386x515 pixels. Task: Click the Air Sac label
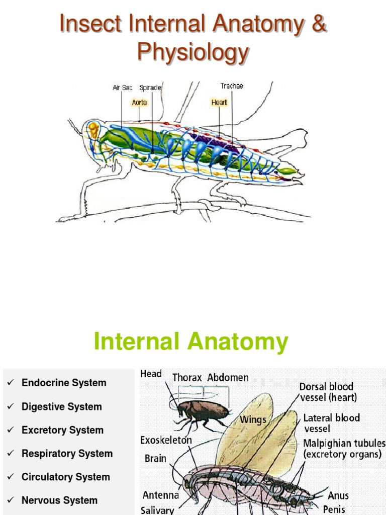pos(123,88)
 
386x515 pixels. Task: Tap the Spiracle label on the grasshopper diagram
pos(150,88)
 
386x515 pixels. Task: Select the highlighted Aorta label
pos(139,102)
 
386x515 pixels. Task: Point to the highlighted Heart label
pos(219,102)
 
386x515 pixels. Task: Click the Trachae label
pos(232,86)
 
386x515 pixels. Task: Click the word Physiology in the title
pos(193,52)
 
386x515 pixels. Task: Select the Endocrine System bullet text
pos(64,383)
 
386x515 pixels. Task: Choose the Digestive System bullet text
pos(61,406)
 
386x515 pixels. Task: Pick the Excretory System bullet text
pos(62,430)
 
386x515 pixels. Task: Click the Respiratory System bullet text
pos(67,453)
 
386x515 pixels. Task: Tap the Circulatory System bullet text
pos(65,477)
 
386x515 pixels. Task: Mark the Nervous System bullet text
pos(59,500)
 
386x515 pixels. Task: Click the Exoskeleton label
pos(166,441)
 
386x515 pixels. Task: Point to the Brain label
pos(155,459)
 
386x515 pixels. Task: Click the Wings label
pos(253,419)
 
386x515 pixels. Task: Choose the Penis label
pos(334,509)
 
